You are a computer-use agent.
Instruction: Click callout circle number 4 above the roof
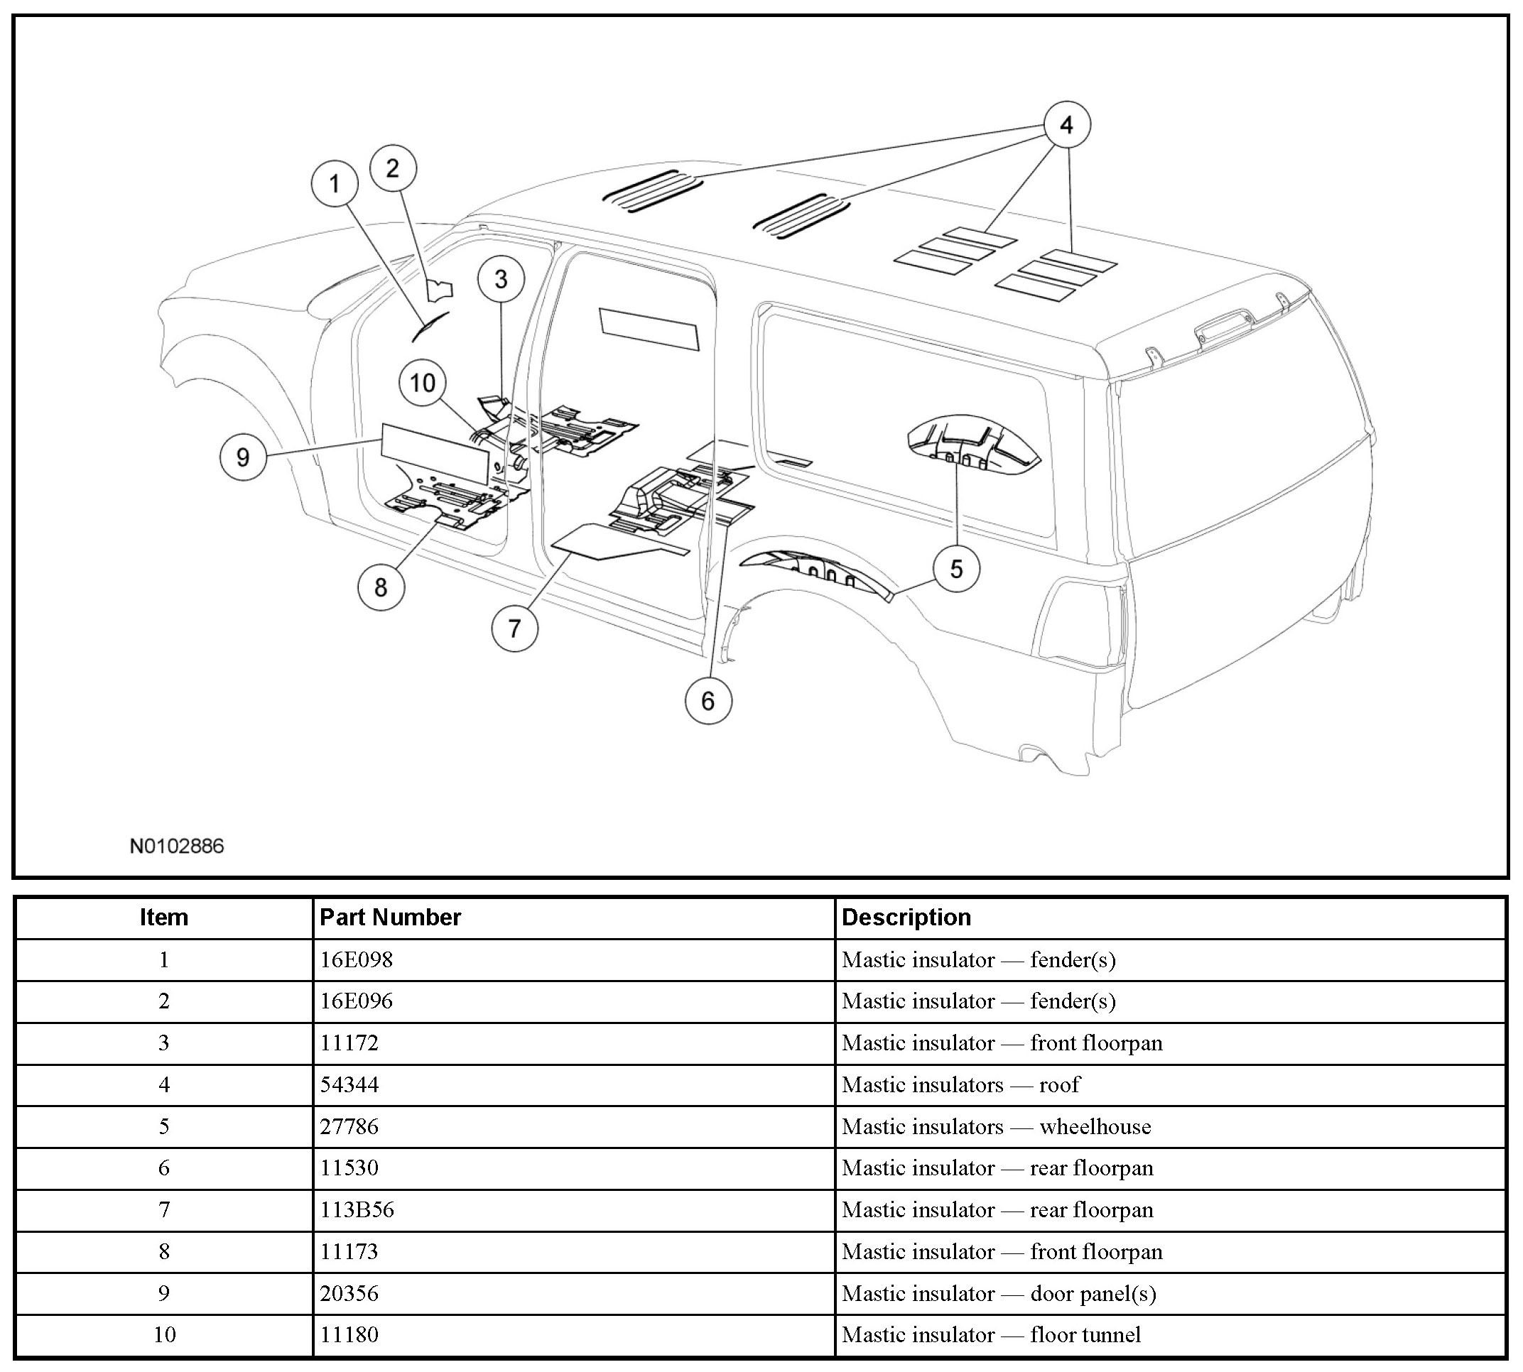1066,124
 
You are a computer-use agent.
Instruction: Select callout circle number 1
335,183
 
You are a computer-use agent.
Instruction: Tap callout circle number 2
393,168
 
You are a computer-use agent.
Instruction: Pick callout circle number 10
422,383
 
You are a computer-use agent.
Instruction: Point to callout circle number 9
243,457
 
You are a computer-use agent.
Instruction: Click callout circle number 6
708,701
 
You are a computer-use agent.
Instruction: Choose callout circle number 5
956,568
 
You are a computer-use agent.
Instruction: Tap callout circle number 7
514,628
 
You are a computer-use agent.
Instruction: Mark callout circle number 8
381,587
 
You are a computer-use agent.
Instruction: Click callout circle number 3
502,280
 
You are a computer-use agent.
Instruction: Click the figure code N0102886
176,846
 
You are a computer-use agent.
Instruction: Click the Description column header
906,917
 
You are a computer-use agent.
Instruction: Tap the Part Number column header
390,917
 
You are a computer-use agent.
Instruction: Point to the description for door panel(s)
998,1293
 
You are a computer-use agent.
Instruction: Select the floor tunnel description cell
991,1334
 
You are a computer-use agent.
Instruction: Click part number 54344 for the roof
349,1084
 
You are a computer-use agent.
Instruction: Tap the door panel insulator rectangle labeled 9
434,453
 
